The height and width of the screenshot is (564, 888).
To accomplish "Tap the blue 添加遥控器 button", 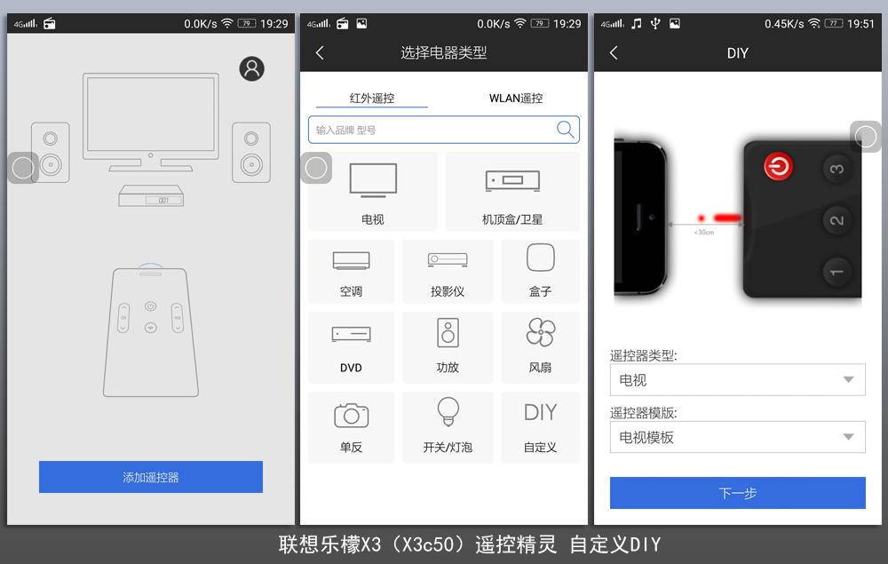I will tap(151, 477).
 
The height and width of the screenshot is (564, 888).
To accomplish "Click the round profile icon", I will tap(252, 68).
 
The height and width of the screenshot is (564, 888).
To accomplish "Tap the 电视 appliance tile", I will tap(373, 192).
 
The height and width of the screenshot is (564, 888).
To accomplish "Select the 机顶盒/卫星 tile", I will tap(512, 192).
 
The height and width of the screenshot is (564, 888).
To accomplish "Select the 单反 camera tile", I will tap(351, 426).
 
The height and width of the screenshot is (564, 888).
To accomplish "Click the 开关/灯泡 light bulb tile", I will tap(448, 426).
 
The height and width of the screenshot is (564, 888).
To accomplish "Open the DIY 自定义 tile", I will tap(540, 426).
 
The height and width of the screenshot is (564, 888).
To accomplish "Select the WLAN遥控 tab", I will tap(515, 99).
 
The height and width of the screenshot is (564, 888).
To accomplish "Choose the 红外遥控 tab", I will tap(372, 99).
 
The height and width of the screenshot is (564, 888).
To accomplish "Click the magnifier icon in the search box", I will tap(565, 130).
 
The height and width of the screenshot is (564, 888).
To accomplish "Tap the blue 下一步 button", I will tap(737, 493).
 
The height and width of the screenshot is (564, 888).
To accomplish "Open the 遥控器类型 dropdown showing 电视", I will tap(737, 380).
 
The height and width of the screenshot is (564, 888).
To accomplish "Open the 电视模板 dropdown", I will tap(737, 437).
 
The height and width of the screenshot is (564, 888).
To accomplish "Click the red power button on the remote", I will tap(779, 166).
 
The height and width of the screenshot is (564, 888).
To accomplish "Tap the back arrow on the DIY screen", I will tap(614, 53).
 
